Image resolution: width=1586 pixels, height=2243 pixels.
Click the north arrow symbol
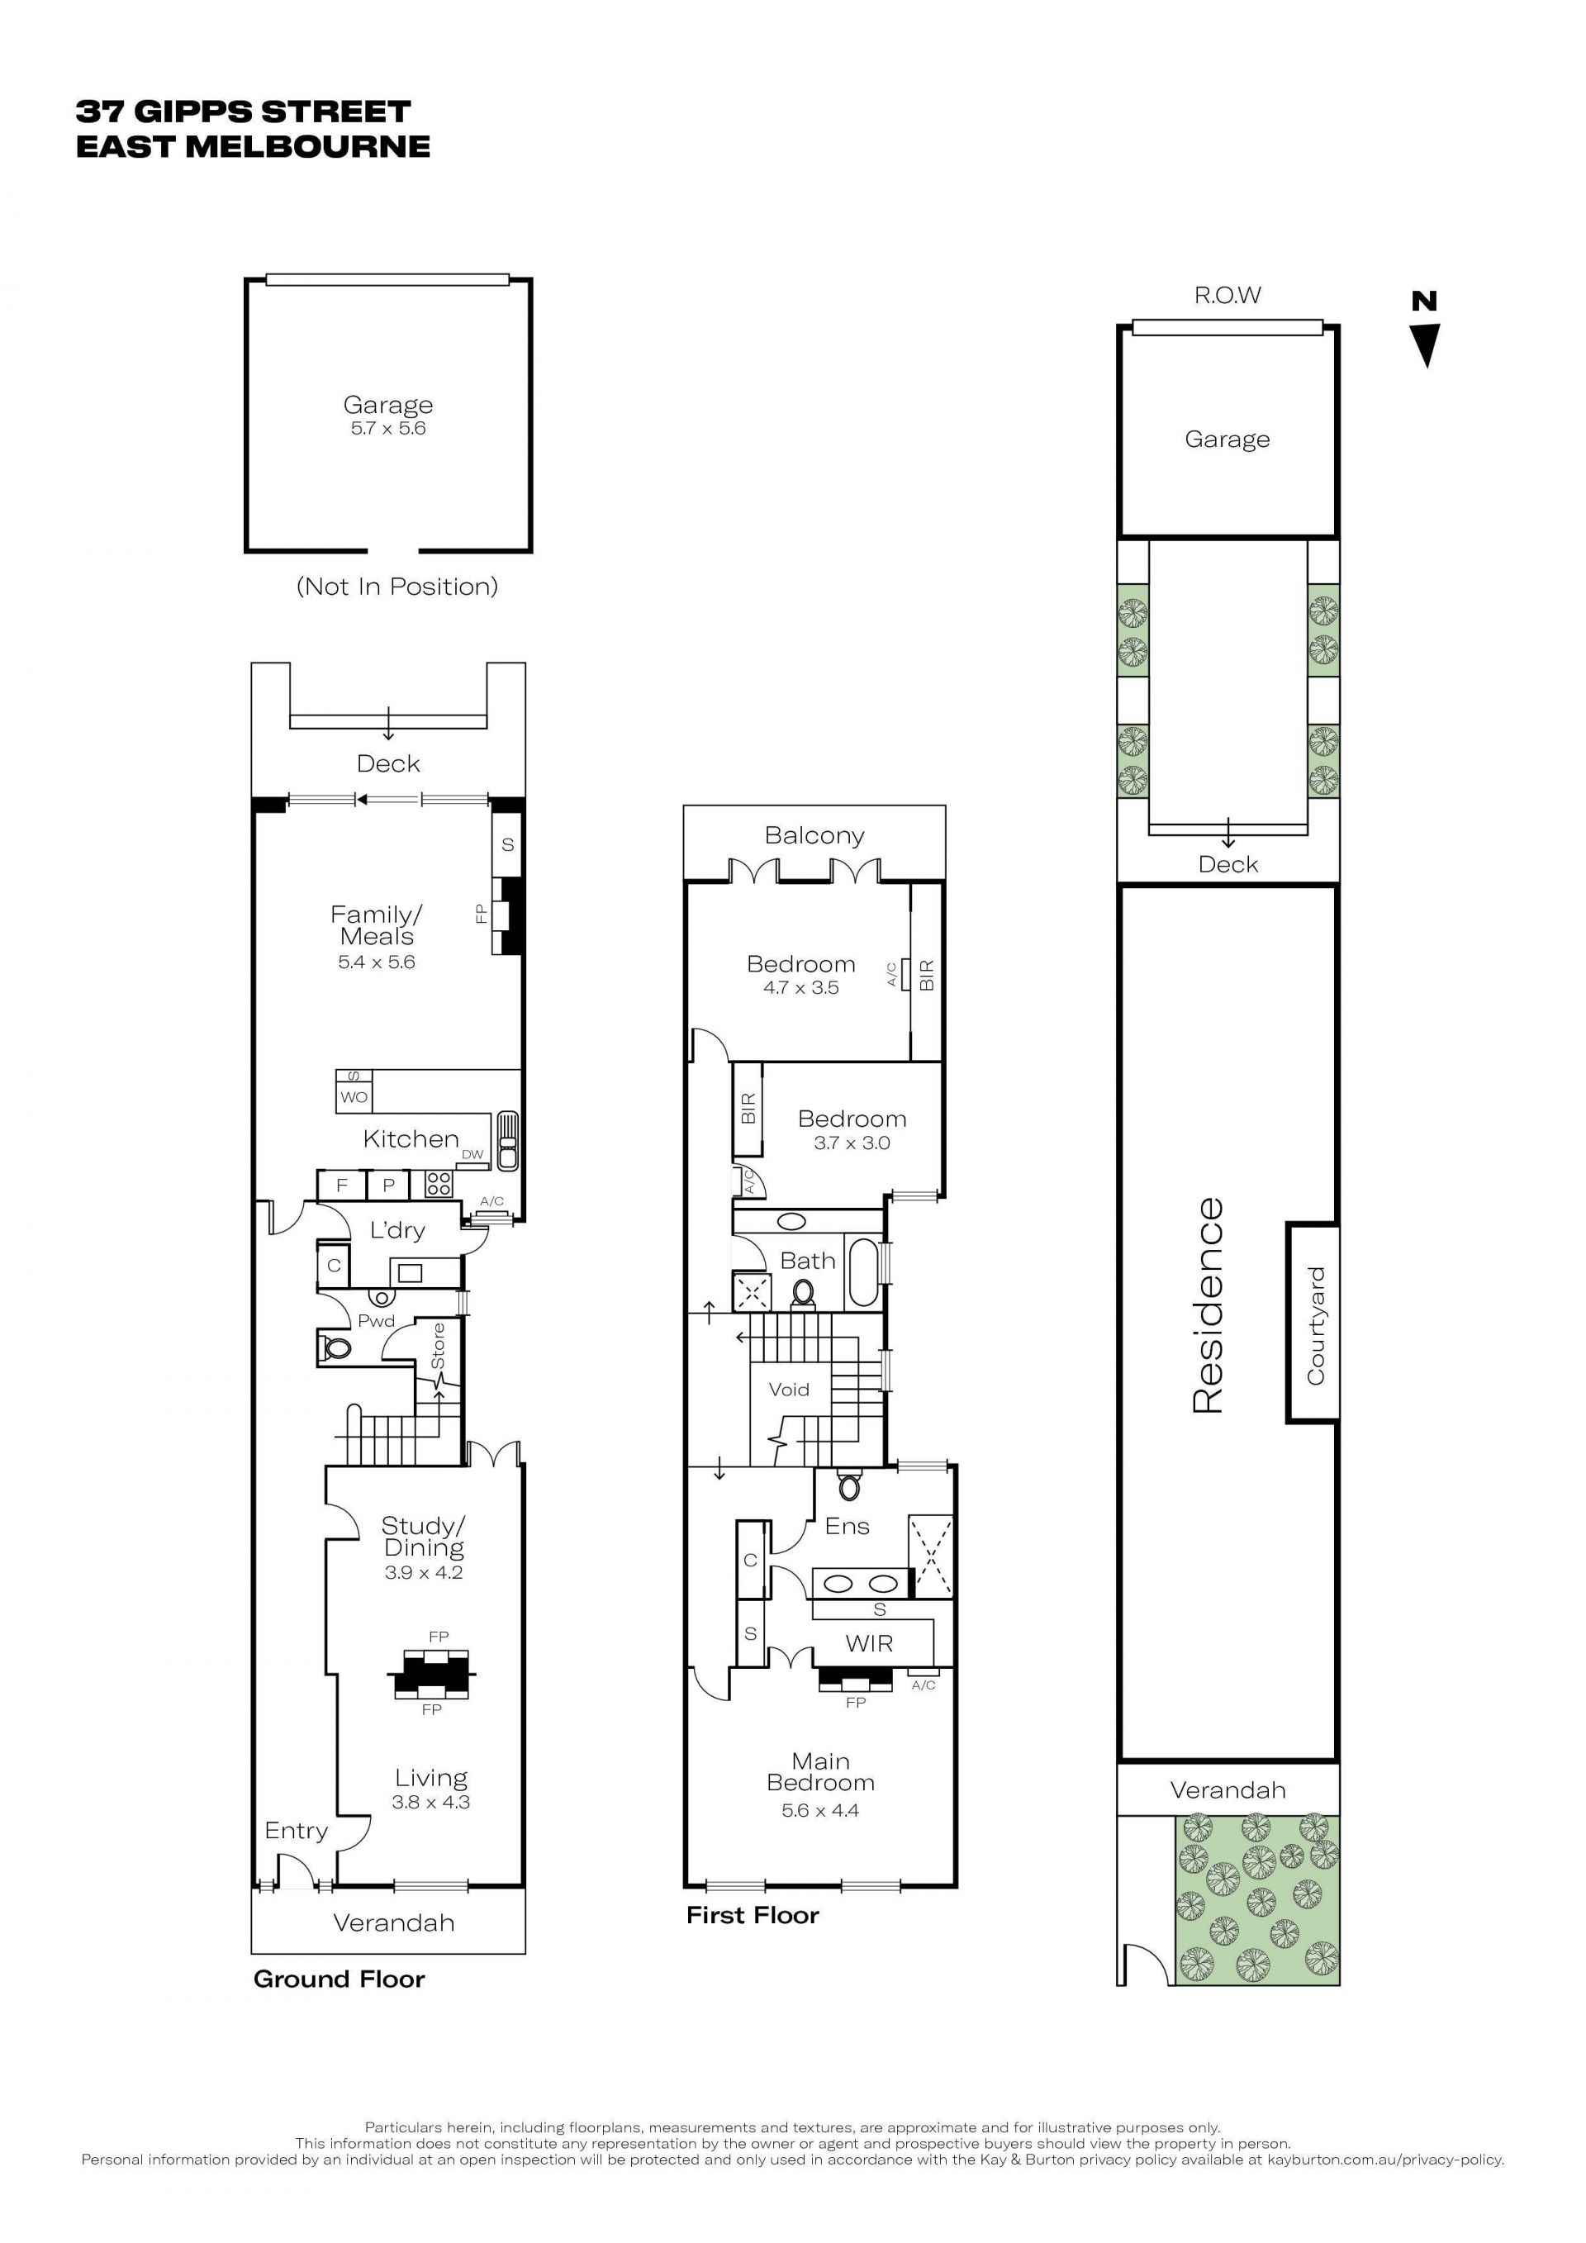[x=1426, y=345]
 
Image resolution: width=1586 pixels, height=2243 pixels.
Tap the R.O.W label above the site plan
[x=1227, y=295]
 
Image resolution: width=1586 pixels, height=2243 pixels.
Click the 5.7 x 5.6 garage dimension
[x=387, y=428]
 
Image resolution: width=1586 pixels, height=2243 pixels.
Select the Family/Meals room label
[x=376, y=925]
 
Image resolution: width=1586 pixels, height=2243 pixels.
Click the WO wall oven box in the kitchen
[x=354, y=1097]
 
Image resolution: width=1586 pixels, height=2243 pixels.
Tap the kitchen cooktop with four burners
[x=439, y=1184]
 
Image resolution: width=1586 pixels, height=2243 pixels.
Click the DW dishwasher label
[x=472, y=1154]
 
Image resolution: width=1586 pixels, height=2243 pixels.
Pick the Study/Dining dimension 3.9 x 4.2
[x=423, y=1572]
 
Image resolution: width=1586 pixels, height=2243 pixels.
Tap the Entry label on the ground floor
[x=296, y=1831]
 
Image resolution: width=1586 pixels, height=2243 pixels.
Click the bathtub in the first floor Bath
[x=863, y=1272]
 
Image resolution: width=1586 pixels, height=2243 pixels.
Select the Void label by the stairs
[x=788, y=1390]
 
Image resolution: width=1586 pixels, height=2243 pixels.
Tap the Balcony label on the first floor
[x=814, y=835]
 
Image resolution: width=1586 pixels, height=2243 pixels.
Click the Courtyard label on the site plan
[x=1316, y=1324]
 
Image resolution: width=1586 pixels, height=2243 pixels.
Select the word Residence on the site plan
[x=1208, y=1305]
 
